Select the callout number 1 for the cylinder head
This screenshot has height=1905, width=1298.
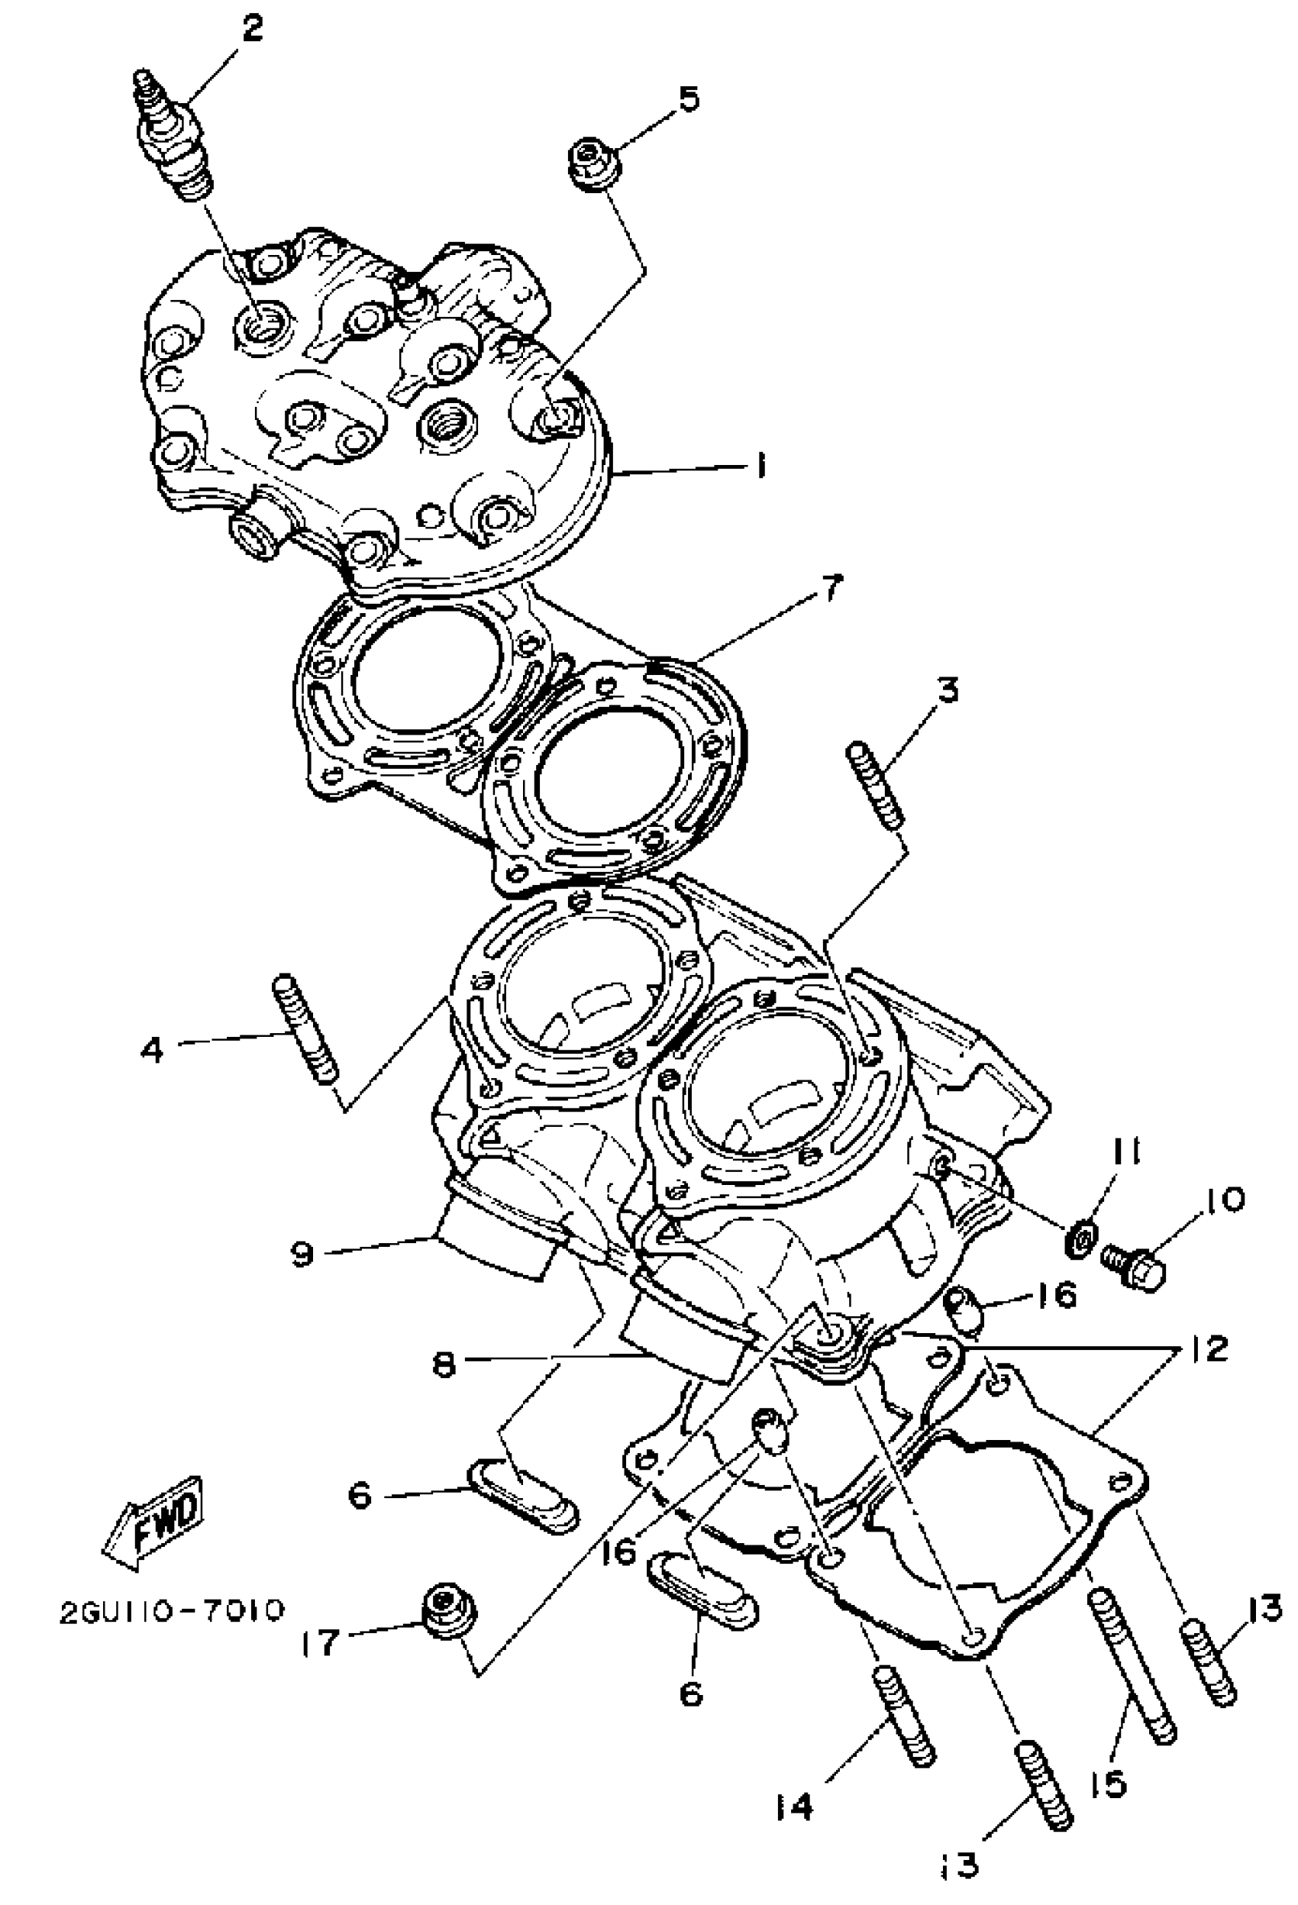click(762, 467)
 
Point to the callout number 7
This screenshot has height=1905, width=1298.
click(831, 589)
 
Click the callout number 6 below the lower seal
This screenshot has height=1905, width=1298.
click(692, 1692)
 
